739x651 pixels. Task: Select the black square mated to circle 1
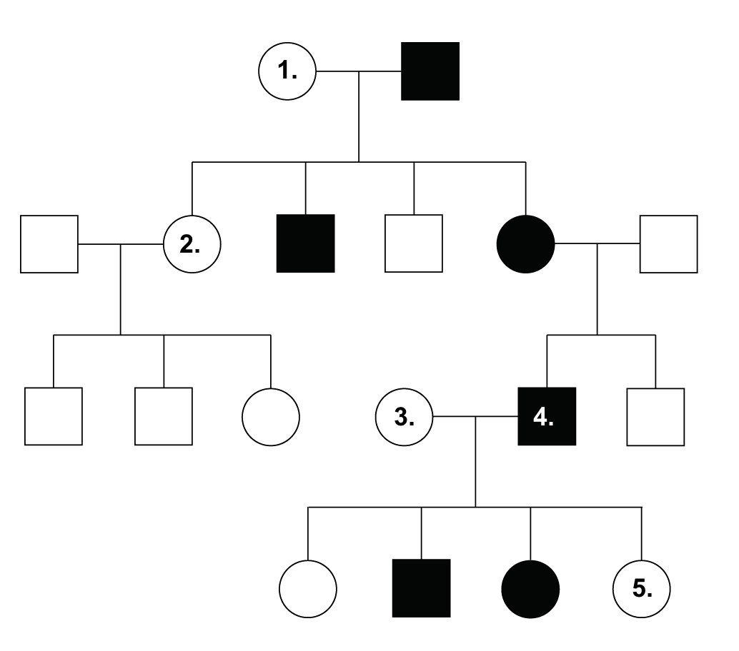point(430,71)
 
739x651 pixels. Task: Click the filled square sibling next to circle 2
point(305,243)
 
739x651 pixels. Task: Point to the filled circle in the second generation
point(525,244)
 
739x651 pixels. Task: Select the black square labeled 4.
point(547,416)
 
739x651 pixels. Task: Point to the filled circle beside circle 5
point(530,589)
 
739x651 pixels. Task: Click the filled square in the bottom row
point(422,588)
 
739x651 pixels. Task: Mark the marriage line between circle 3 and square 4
point(475,417)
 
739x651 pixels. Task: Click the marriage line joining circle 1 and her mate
point(359,71)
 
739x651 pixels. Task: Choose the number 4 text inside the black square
point(543,417)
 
